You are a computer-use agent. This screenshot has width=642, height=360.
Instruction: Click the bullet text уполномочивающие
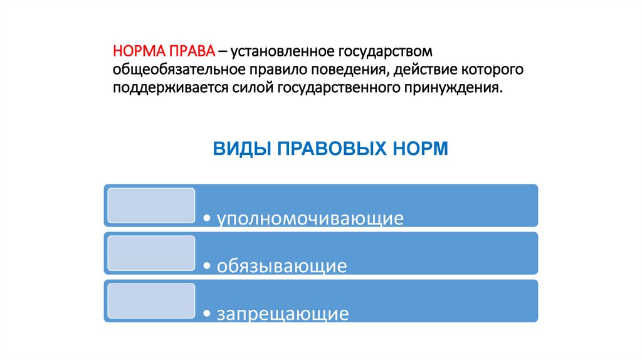(x=310, y=219)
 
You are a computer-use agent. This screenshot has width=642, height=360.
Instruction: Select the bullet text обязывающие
(x=282, y=267)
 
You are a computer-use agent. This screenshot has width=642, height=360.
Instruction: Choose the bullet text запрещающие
(x=283, y=314)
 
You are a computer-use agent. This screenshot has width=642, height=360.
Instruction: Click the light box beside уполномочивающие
(x=150, y=205)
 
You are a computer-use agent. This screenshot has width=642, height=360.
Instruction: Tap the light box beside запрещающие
(x=150, y=300)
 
